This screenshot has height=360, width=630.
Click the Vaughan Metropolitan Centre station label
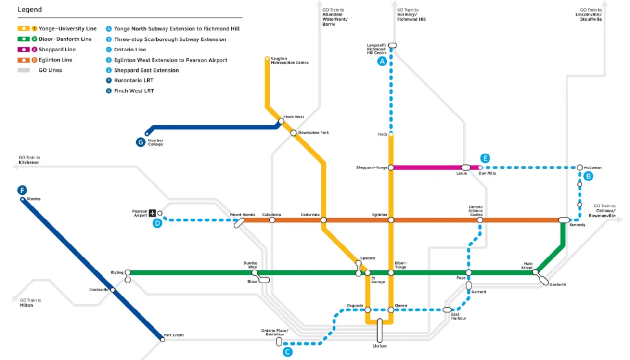click(x=289, y=61)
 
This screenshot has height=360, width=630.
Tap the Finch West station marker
click(x=282, y=121)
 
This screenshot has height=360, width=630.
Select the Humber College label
click(x=155, y=142)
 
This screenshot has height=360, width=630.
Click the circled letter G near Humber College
click(x=141, y=142)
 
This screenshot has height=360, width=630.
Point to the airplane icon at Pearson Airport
click(x=153, y=213)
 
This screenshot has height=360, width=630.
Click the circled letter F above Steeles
click(x=22, y=190)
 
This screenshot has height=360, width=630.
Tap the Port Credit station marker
click(x=163, y=339)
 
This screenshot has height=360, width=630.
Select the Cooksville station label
click(x=99, y=290)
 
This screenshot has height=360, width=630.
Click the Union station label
click(x=380, y=346)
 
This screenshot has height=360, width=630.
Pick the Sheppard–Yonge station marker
click(x=391, y=167)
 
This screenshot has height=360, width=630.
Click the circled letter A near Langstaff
click(x=382, y=61)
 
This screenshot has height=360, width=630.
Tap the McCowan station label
click(x=592, y=168)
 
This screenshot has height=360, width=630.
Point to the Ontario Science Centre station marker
click(x=480, y=220)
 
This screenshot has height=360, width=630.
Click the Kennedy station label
click(x=577, y=225)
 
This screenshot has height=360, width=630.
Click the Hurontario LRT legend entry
click(x=133, y=80)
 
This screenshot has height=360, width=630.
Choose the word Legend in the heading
click(x=30, y=10)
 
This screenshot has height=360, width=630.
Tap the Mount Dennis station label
click(x=242, y=215)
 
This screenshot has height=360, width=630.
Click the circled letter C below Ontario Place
click(x=287, y=352)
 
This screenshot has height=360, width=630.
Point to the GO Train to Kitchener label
click(x=29, y=160)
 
